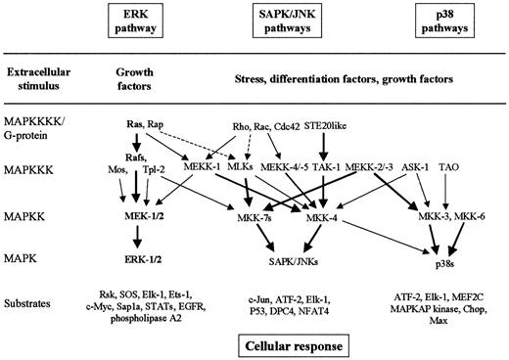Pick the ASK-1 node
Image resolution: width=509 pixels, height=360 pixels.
[x=419, y=166]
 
